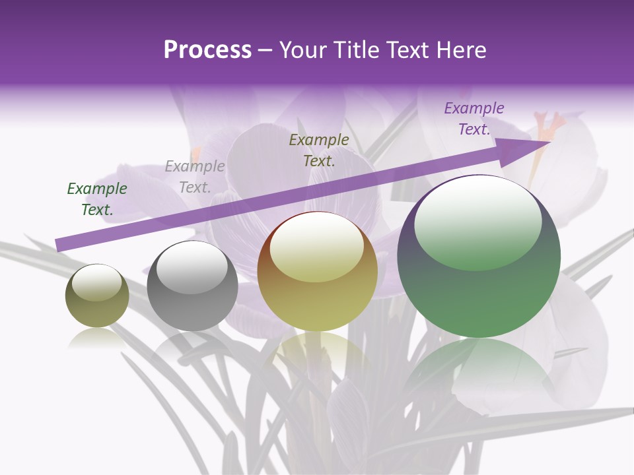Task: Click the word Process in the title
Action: tap(207, 50)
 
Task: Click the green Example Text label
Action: tap(97, 199)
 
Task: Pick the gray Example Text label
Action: tap(195, 177)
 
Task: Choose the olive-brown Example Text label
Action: tap(319, 150)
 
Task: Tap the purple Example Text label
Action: tap(474, 119)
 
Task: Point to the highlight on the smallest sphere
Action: tap(96, 282)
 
